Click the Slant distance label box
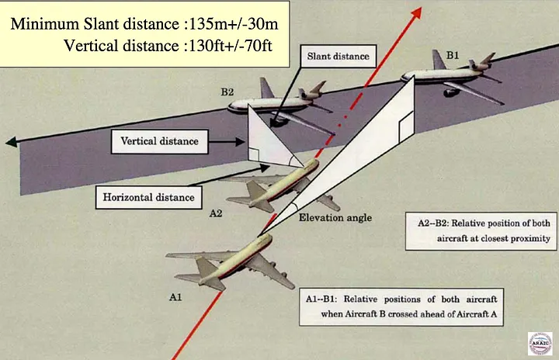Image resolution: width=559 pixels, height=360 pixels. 338,57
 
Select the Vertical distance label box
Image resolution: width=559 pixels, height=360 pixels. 159,141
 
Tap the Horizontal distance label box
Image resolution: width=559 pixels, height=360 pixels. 148,197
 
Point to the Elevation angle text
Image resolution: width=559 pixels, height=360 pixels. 335,218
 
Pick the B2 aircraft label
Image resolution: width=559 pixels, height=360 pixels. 227,93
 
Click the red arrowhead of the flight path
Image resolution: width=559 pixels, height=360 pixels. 416,12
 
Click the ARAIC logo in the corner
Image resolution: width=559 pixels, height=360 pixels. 539,343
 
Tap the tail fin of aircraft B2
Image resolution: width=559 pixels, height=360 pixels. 267,87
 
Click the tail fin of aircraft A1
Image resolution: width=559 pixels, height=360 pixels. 208,271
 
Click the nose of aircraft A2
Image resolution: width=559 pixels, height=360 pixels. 314,164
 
